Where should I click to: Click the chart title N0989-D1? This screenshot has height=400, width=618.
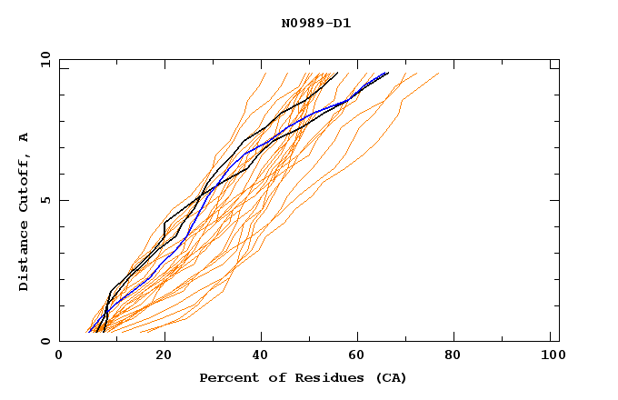[x=315, y=24]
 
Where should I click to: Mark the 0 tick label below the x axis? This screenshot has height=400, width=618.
[x=59, y=355]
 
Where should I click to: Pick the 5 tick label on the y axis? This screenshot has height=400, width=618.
[x=44, y=200]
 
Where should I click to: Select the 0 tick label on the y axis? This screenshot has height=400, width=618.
[x=44, y=341]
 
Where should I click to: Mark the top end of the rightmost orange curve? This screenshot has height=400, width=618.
[x=438, y=74]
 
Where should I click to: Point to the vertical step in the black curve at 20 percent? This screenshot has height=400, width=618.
[x=164, y=229]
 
